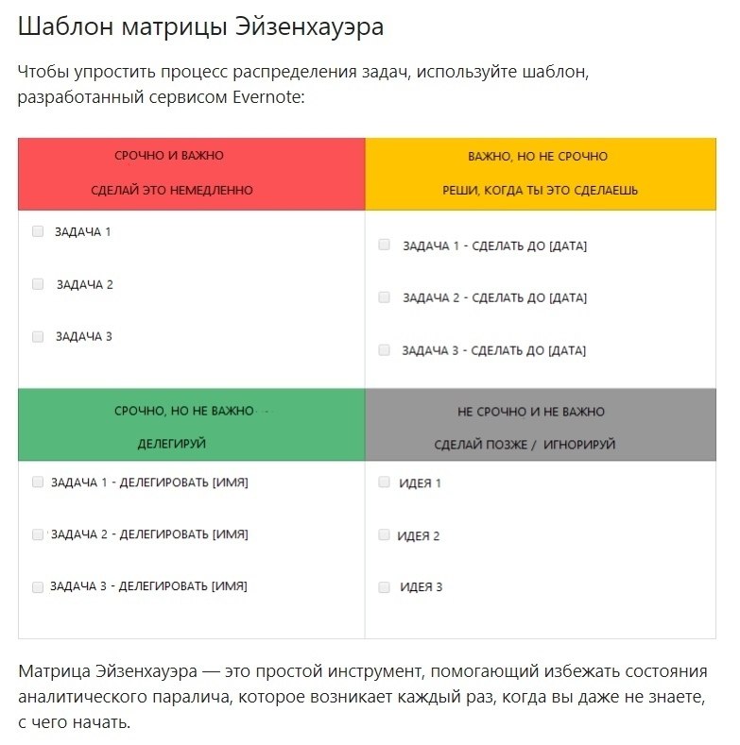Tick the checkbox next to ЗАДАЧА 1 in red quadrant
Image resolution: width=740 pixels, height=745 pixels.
[38, 230]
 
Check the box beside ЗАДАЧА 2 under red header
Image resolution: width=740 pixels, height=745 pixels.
[38, 283]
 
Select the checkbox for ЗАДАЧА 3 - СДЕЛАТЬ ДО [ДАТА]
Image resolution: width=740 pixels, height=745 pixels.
[384, 349]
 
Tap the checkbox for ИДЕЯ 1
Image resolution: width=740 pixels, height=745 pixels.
[384, 482]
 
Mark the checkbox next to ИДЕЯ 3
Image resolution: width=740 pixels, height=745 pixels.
[384, 586]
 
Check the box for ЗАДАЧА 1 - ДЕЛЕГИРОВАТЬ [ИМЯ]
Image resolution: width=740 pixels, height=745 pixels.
[38, 482]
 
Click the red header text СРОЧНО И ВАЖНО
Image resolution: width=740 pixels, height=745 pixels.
[169, 155]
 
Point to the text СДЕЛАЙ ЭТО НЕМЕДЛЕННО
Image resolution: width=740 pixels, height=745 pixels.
[172, 190]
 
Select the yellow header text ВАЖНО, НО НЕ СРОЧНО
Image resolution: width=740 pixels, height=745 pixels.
[538, 156]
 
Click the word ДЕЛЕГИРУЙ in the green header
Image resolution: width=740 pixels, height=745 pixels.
[172, 443]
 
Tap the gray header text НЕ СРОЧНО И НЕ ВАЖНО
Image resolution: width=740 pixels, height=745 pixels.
[530, 412]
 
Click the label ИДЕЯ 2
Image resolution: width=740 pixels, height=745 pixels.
[419, 535]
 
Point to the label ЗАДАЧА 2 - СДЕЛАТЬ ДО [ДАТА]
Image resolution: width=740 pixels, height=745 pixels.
[494, 297]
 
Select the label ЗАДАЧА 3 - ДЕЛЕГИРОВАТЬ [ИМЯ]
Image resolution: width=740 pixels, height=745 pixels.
[149, 585]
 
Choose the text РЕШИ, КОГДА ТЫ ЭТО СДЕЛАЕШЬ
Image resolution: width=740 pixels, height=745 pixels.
[540, 190]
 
